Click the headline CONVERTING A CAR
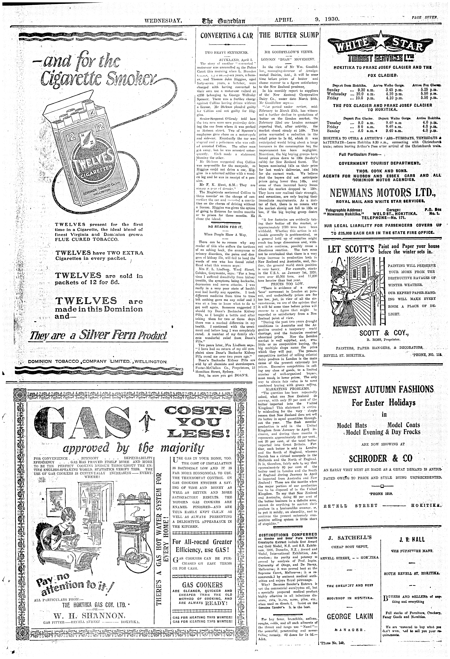pyautogui.click(x=226, y=35)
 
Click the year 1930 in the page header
pyautogui.click(x=332, y=20)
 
